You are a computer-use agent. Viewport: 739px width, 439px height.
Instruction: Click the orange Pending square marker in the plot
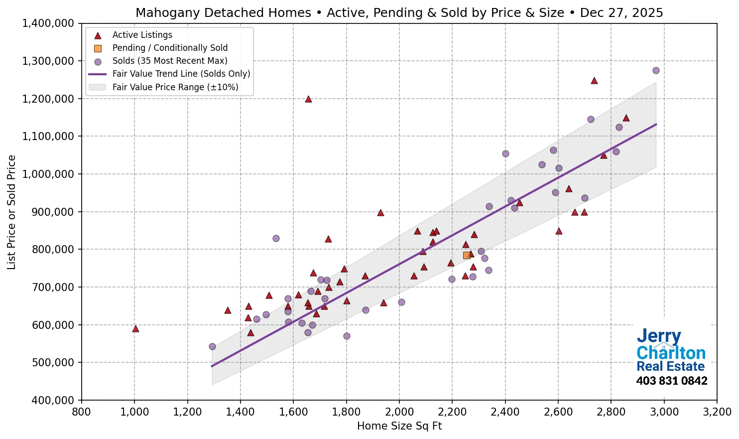[x=467, y=255]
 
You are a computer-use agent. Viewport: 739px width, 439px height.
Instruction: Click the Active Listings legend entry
[x=142, y=35]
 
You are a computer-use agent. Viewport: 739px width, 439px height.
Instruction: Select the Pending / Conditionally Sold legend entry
[x=170, y=48]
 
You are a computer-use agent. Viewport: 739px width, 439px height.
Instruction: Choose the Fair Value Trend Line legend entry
[x=181, y=74]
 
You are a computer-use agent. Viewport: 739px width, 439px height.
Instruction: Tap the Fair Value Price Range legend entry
[x=175, y=87]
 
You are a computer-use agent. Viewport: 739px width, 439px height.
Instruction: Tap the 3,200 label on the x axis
[x=717, y=412]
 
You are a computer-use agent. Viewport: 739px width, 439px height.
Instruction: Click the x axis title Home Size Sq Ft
[x=399, y=426]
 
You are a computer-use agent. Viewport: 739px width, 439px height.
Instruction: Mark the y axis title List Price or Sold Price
[x=12, y=212]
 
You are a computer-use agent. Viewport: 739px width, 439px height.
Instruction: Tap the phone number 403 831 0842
[x=672, y=381]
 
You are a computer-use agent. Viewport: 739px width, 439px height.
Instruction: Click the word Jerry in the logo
[x=659, y=336]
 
